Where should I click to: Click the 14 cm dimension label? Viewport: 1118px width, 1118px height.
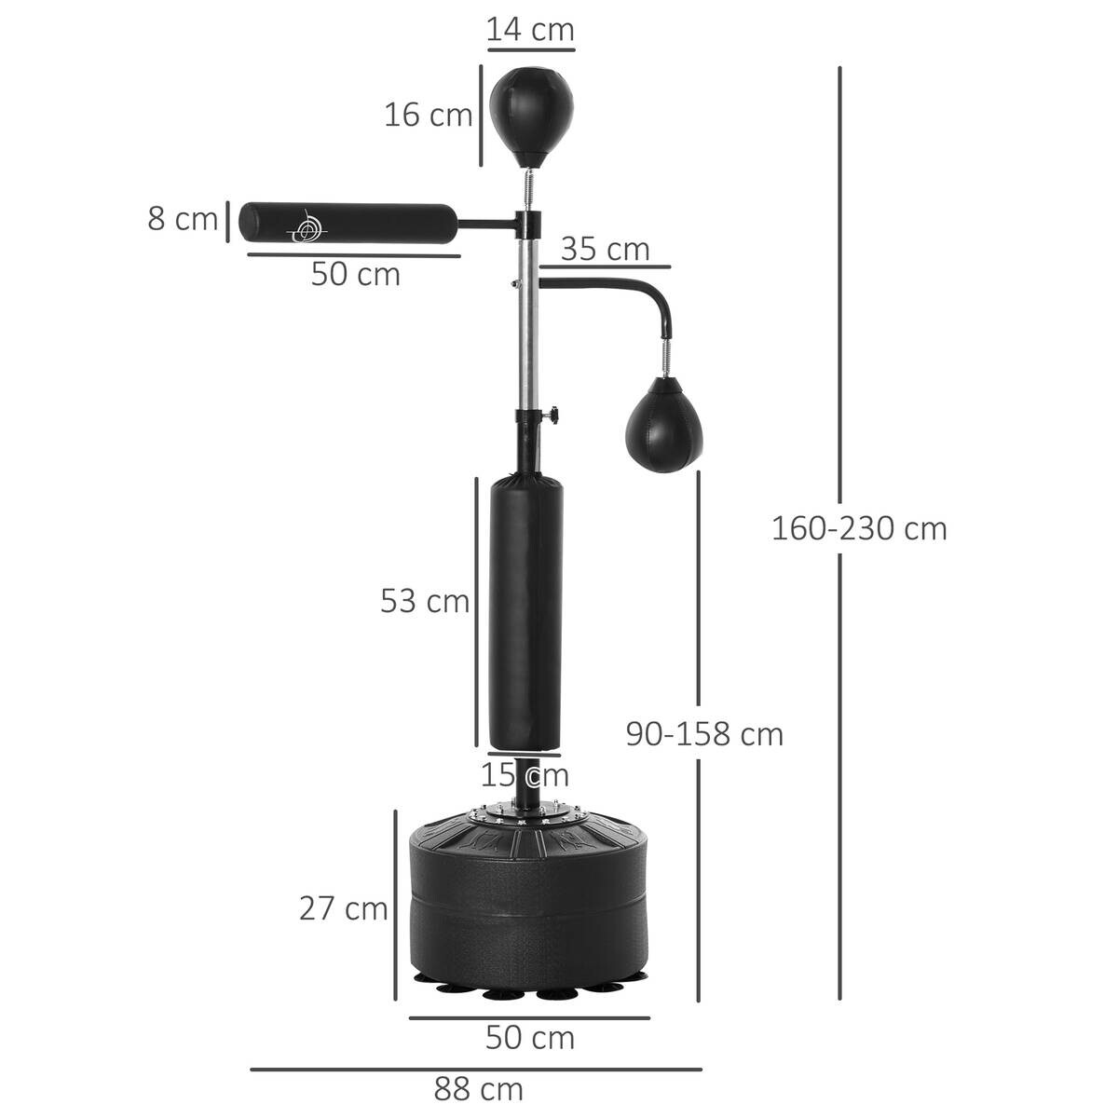pos(530,29)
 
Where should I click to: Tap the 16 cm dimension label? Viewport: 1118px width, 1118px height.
pos(429,116)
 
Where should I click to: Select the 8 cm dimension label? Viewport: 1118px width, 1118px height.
pos(182,219)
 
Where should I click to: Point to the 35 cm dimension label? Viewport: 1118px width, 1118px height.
pos(605,250)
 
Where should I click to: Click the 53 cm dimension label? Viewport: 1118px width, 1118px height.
pos(424,601)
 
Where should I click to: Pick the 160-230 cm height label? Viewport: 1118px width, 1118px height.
pos(858,528)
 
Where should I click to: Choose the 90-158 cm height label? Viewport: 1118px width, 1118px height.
pos(704,734)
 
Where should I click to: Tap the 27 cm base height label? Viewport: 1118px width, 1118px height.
pos(343,907)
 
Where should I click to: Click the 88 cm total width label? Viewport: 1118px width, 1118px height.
pos(478,1088)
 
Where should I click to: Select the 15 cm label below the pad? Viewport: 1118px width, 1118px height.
pos(525,774)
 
